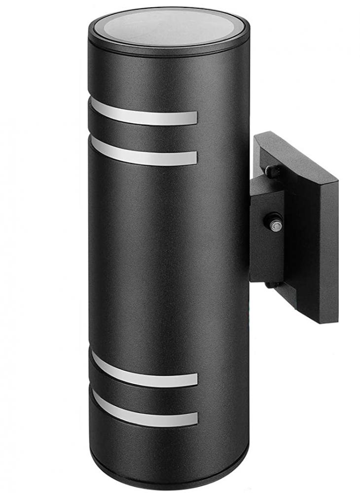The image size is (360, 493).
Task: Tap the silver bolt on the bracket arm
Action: pyautogui.click(x=276, y=225)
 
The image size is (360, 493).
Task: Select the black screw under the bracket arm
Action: pyautogui.click(x=271, y=284)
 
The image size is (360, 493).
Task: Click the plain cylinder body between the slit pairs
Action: pyautogui.click(x=168, y=256)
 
